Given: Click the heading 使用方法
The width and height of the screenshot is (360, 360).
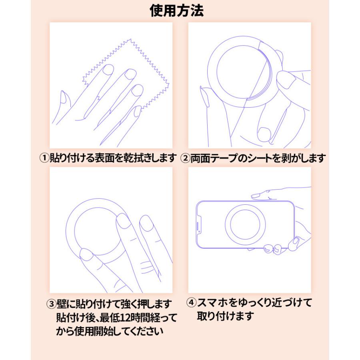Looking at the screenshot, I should (x=176, y=11).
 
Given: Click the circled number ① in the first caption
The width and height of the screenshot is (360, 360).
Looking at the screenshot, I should (x=44, y=158).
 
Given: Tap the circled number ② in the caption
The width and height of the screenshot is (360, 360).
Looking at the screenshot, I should (x=185, y=158).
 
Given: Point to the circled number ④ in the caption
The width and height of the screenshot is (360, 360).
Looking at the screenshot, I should (x=192, y=302).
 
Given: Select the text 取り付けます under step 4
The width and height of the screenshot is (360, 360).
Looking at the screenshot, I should (x=225, y=316).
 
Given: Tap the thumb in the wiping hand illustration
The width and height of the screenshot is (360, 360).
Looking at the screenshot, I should (x=62, y=102).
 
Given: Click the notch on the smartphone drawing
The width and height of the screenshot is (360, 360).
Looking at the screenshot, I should (x=199, y=225).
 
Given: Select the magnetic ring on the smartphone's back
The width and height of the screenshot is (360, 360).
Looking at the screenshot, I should (x=245, y=224).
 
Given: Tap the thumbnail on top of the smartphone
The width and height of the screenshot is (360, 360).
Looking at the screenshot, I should (x=256, y=196).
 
